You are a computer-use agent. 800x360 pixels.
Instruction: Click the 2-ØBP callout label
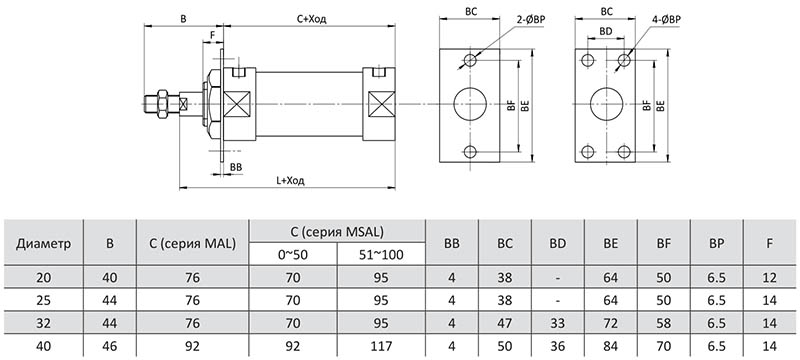pyautogui.click(x=531, y=20)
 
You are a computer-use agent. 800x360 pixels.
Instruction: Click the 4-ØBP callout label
pyautogui.click(x=666, y=20)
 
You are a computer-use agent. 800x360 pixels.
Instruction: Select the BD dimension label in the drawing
pyautogui.click(x=606, y=31)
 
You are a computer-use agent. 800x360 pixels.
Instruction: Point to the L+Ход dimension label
pyautogui.click(x=290, y=181)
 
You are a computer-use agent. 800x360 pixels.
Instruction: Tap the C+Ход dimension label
pyautogui.click(x=312, y=19)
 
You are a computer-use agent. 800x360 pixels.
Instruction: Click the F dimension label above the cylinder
pyautogui.click(x=213, y=35)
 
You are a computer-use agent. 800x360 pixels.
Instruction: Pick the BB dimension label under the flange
pyautogui.click(x=236, y=167)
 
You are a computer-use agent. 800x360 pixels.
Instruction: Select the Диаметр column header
pyautogui.click(x=43, y=243)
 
